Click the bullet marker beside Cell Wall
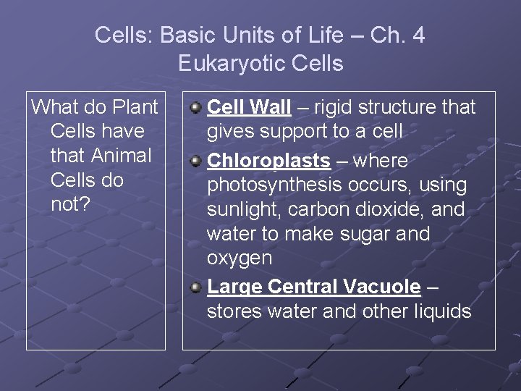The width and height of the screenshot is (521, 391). (195, 108)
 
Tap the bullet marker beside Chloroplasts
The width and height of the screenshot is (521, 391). (195, 161)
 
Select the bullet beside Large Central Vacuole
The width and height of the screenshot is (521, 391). (195, 287)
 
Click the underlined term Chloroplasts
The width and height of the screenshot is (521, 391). (268, 161)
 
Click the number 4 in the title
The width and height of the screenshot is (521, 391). (418, 35)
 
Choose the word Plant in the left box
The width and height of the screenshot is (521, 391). (135, 108)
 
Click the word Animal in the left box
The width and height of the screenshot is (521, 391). (122, 156)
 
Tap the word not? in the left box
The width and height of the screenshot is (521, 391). (70, 204)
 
